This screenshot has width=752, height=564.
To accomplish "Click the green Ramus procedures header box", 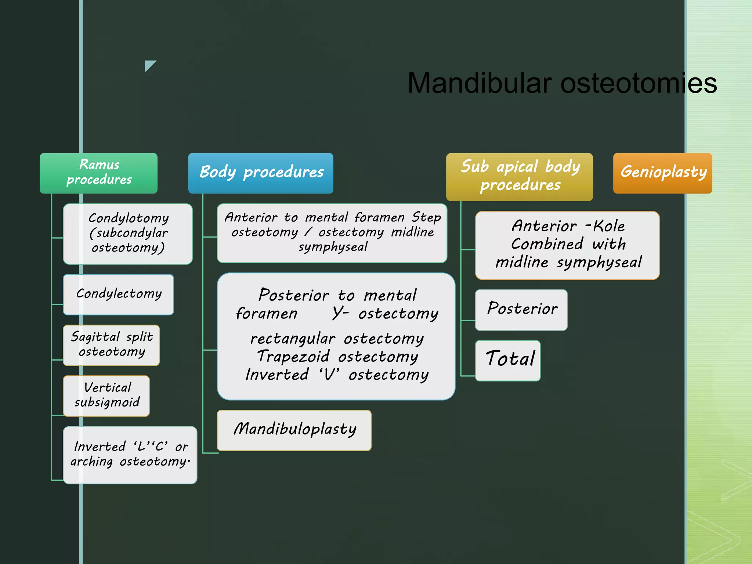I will click(x=98, y=173).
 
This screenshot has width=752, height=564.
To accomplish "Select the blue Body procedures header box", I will click(x=261, y=173).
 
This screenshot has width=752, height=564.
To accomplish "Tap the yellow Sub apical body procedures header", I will click(x=519, y=177).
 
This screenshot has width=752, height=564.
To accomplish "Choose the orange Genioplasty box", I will click(x=662, y=173).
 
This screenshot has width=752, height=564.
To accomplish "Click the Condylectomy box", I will click(x=118, y=294).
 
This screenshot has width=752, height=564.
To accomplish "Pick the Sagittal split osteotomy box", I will click(x=111, y=345).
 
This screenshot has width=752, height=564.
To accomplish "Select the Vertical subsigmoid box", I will click(x=106, y=395).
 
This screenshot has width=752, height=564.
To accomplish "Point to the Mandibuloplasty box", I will click(x=294, y=430).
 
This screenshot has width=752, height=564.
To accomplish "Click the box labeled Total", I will click(x=508, y=360).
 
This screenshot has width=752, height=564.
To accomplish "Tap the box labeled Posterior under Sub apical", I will click(x=521, y=310).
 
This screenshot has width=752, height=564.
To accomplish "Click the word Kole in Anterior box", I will click(x=609, y=226).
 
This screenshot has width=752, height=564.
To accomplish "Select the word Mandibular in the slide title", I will click(x=480, y=83).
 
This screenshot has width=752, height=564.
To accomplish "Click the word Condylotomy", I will click(x=129, y=218).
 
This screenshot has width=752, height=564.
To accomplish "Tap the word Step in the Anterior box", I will click(x=426, y=217).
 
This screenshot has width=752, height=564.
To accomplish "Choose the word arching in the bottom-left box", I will click(x=91, y=462).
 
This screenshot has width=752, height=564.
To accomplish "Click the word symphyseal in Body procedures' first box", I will click(x=333, y=247).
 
